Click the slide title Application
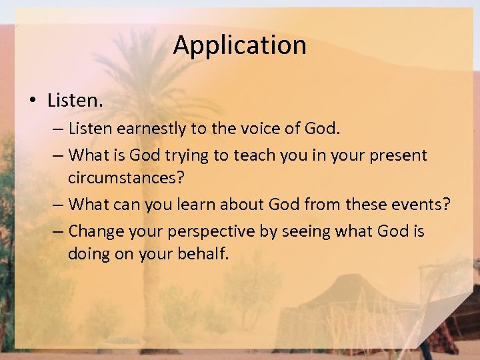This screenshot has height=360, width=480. pyautogui.click(x=240, y=45)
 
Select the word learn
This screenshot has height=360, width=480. pyautogui.click(x=192, y=204)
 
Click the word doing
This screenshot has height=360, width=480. pyautogui.click(x=89, y=254)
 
